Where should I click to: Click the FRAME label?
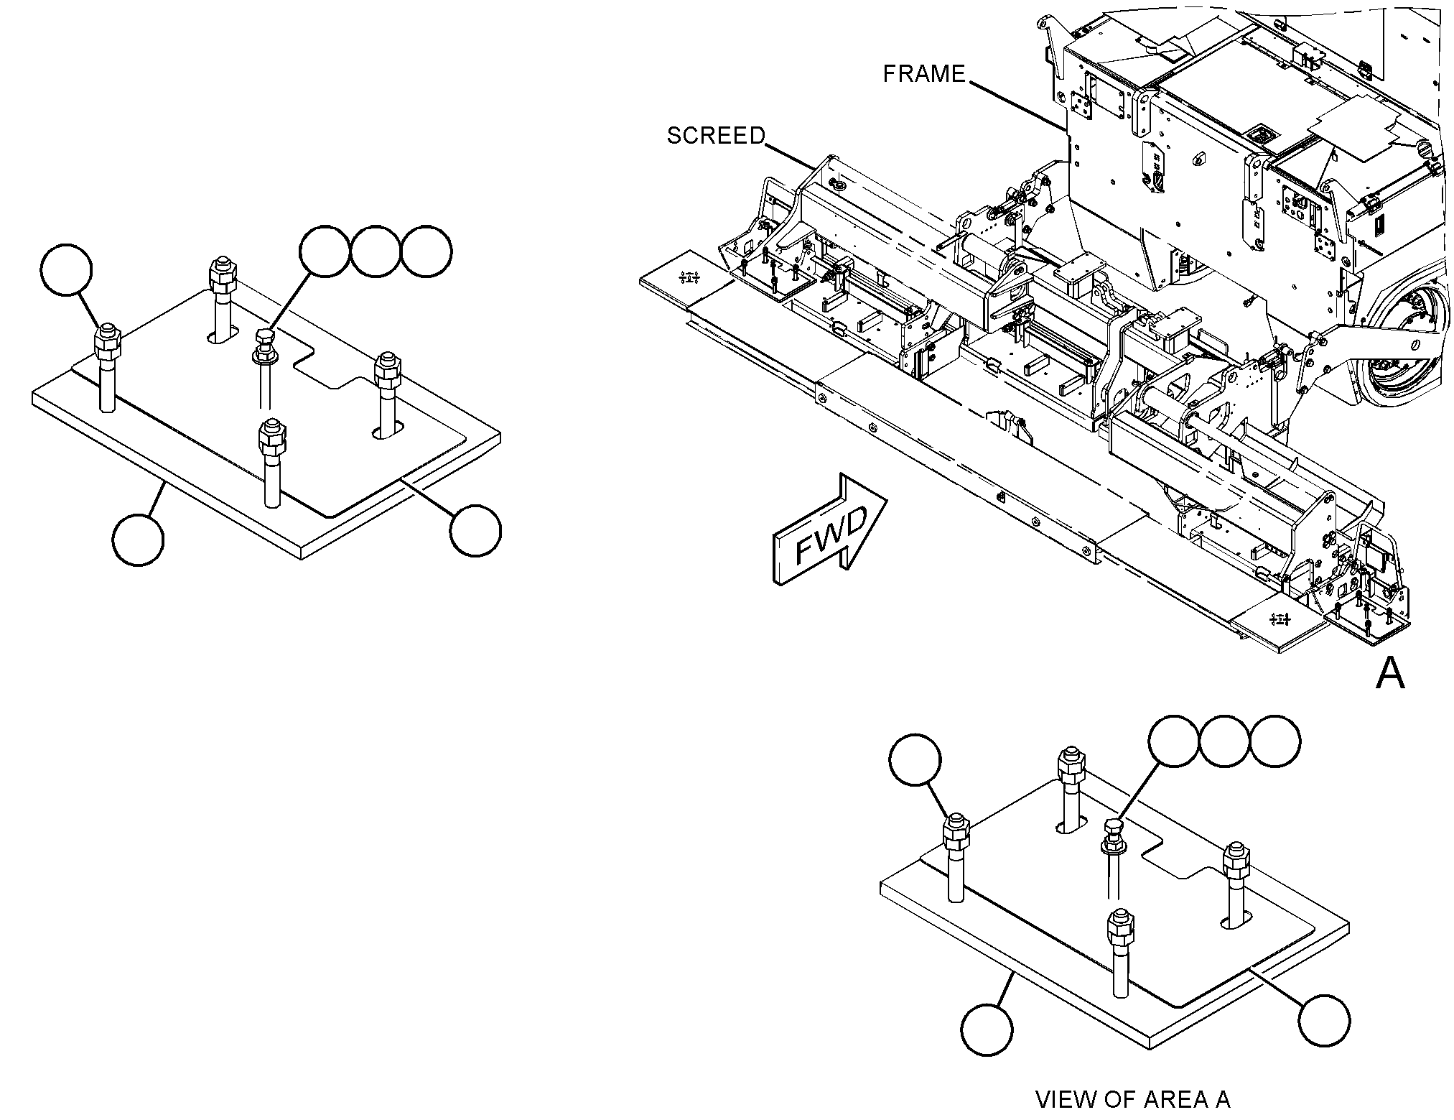924,74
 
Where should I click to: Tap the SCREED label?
716,136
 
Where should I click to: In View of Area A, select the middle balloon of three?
1224,740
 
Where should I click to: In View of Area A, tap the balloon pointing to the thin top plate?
1324,1020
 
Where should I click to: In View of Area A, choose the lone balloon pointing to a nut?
915,759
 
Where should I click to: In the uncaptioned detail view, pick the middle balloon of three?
376,251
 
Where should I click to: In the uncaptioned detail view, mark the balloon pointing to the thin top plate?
475,530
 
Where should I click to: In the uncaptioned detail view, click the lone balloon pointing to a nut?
67,270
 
